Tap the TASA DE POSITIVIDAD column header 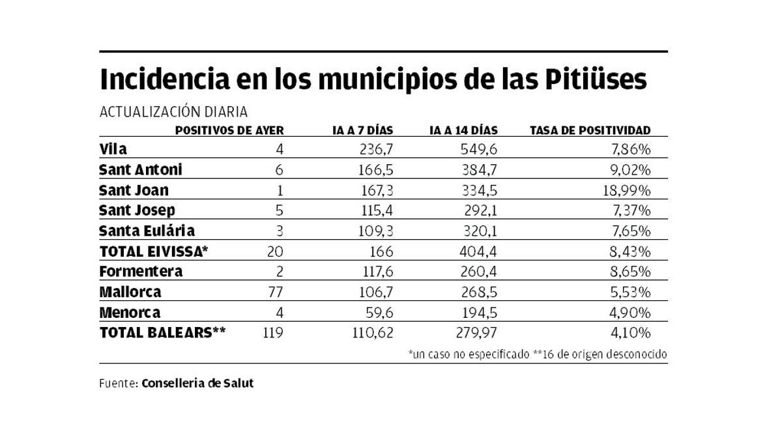pos(590,130)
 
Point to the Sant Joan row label pos(134,190)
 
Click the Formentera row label pos(141,271)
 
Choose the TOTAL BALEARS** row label pos(162,332)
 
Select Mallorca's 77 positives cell pos(276,292)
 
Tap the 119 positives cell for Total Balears pos(272,332)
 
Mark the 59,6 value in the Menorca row pos(379,312)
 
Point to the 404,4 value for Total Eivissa pos(480,251)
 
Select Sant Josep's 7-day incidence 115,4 pos(377,210)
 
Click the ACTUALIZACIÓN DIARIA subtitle pos(173,112)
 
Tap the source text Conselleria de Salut pos(197,383)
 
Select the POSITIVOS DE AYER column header pos(229,130)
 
